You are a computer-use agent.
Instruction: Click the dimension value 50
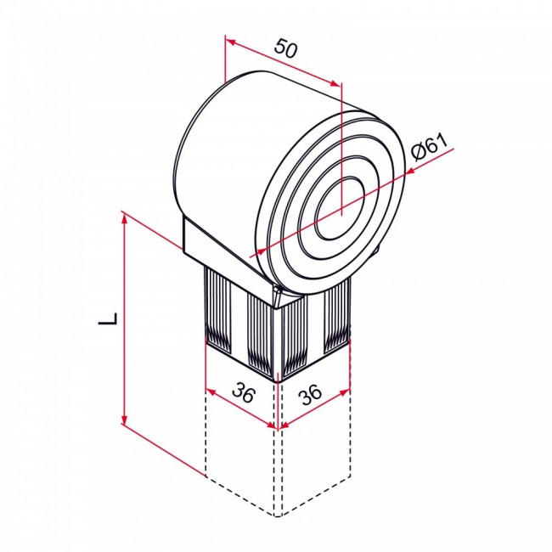coord(286,49)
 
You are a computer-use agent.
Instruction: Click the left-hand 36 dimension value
coord(244,393)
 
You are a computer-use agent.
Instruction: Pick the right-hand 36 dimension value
coord(311,393)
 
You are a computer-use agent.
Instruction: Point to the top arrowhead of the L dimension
coord(125,219)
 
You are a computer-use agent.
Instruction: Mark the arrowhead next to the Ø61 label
coord(410,170)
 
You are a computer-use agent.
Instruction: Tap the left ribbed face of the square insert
coord(238,318)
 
